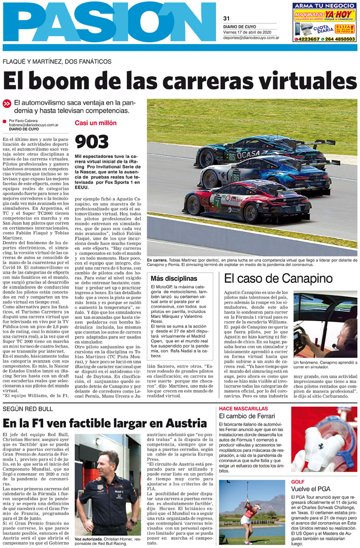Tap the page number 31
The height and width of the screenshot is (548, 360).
pyautogui.click(x=226, y=19)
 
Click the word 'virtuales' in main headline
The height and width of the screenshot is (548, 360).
pyautogui.click(x=303, y=81)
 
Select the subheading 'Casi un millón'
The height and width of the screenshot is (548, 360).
pyautogui.click(x=95, y=123)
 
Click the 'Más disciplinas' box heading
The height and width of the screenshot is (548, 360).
pyautogui.click(x=174, y=278)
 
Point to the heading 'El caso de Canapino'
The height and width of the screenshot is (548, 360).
pyautogui.click(x=278, y=278)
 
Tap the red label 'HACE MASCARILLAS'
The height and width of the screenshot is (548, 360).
pyautogui.click(x=243, y=408)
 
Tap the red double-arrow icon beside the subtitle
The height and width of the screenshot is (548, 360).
pyautogui.click(x=7, y=103)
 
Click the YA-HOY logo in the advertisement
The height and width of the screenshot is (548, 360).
pyautogui.click(x=339, y=14)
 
